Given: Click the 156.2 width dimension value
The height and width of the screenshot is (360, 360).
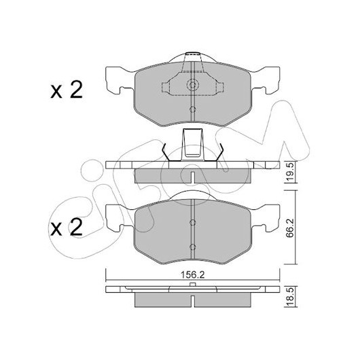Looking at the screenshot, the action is point(192,275).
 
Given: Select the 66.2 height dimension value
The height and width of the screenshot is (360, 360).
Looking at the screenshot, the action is point(290,228).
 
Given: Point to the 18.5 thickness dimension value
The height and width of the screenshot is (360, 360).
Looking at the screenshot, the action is point(290,297).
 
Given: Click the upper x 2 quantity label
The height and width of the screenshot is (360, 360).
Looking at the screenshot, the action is point(67,90).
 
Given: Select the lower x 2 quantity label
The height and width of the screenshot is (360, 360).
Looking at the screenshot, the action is point(67,228).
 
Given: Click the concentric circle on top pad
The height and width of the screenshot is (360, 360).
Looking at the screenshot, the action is point(193,85).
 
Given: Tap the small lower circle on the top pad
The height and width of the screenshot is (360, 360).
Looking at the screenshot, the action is point(193,109).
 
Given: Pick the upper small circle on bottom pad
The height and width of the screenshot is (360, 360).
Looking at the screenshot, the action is point(193,222).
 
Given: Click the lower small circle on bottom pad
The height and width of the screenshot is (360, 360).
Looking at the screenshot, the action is point(193,247).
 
